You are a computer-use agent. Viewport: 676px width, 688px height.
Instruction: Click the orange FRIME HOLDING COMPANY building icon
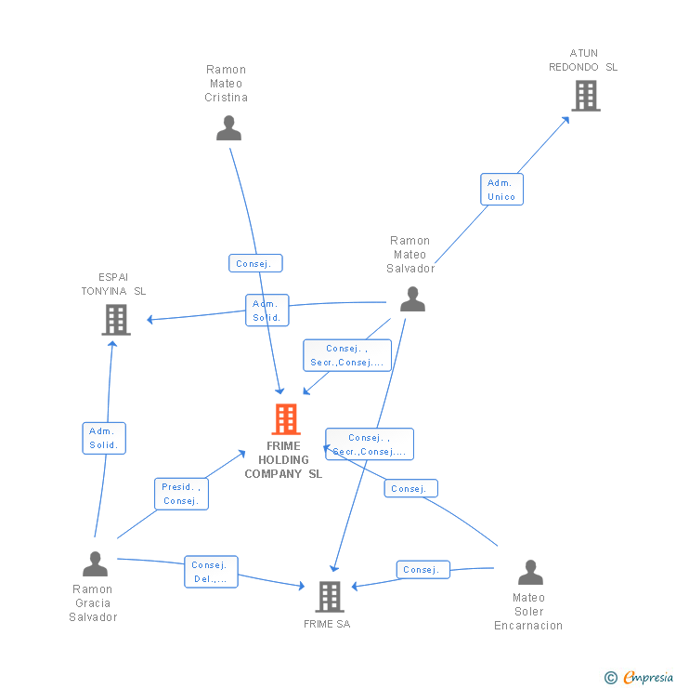286,419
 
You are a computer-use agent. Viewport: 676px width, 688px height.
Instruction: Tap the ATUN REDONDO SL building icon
586,96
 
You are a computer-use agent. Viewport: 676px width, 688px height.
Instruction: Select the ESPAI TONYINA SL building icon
116,320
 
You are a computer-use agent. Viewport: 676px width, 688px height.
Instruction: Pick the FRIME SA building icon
330,596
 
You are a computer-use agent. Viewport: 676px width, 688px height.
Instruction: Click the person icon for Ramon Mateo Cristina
228,128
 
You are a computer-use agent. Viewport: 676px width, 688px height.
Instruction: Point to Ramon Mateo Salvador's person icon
412,298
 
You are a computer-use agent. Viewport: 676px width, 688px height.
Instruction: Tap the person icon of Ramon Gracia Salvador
95,563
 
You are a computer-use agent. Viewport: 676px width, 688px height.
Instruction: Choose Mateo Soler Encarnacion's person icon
530,572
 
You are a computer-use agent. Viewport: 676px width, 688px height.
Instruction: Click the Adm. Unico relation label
501,190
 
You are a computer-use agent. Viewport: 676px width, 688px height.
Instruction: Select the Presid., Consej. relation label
181,494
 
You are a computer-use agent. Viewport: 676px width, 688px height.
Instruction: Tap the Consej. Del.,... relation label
211,572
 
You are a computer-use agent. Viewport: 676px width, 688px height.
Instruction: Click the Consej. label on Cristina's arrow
255,263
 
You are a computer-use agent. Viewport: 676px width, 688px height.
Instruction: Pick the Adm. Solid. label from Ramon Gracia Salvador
104,438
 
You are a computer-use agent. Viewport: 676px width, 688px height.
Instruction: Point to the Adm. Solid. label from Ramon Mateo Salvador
266,311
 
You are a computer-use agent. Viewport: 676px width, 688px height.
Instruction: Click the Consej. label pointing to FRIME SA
422,569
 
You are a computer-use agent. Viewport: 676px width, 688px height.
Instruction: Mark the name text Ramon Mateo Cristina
227,84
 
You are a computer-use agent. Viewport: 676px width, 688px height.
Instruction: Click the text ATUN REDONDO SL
583,60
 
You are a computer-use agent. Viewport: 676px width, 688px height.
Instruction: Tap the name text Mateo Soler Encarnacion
528,612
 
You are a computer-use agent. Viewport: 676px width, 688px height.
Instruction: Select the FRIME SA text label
327,624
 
